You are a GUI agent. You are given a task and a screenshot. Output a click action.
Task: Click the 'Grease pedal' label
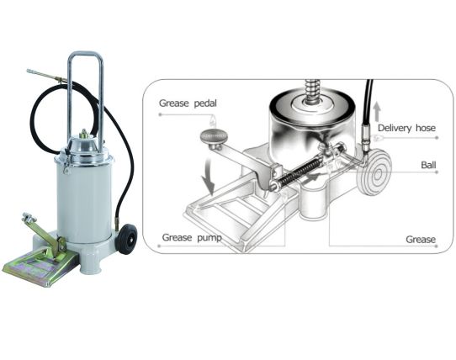(x=188, y=103)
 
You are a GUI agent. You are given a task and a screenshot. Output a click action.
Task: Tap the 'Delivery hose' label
(x=406, y=128)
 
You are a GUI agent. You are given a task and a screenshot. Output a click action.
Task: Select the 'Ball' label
(x=428, y=165)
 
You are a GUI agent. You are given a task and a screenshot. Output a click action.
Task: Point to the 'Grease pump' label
(x=192, y=237)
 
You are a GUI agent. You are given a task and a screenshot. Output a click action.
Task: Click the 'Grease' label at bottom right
(x=421, y=240)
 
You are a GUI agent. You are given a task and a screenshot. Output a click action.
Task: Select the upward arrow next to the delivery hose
(x=377, y=111)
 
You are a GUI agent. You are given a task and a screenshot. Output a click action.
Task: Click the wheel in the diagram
(x=377, y=174)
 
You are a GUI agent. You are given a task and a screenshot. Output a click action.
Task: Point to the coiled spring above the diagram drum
(x=311, y=92)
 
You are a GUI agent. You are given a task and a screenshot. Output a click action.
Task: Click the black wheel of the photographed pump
(x=127, y=239)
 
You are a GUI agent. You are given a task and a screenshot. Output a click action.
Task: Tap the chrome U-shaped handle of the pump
(x=85, y=96)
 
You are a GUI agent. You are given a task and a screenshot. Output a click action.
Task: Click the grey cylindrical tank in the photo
(x=83, y=201)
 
